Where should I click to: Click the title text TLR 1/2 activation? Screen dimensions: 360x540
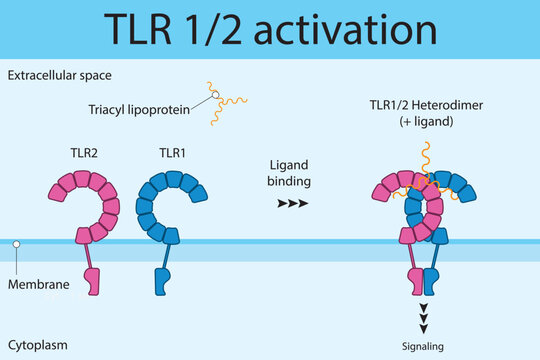270,30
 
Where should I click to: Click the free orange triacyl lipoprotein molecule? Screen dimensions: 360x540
227,106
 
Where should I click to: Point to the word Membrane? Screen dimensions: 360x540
38,285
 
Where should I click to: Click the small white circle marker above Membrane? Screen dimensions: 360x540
16,244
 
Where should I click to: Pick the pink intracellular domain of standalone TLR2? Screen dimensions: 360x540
93,283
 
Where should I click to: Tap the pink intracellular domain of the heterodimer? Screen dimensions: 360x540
415,281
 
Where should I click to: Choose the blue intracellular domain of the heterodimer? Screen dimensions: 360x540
431,281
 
